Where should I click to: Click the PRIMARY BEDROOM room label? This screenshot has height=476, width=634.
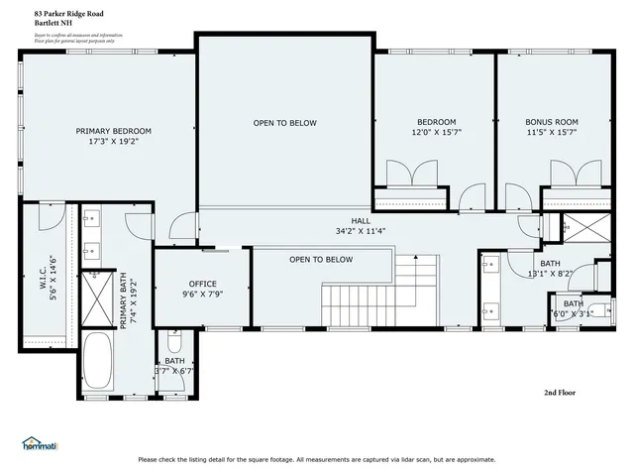[x=114, y=131]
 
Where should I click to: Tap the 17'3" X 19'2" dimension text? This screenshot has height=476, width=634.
[x=114, y=142]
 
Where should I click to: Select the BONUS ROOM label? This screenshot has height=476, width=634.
[x=552, y=122]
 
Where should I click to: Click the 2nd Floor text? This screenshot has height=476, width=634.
[x=560, y=393]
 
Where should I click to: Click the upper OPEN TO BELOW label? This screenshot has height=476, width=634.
[x=284, y=123]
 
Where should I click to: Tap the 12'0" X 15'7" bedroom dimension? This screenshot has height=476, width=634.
[x=437, y=132]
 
